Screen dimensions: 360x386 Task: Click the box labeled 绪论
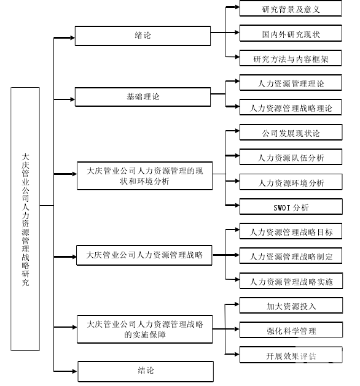coord(143,36)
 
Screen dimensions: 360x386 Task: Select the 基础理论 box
coord(143,97)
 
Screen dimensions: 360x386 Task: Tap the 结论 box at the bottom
coord(146,371)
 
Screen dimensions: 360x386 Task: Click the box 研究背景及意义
coord(291,9)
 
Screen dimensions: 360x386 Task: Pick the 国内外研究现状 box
coord(291,33)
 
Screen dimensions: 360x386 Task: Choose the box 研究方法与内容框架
coord(291,58)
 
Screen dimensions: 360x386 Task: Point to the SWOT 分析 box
coord(291,207)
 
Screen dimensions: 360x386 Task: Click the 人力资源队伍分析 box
coord(291,157)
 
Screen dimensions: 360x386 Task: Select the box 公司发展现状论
coord(291,132)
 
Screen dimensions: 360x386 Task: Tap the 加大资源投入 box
coord(291,306)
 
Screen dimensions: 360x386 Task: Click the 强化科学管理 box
coord(291,330)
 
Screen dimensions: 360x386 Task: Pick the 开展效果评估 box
coord(291,355)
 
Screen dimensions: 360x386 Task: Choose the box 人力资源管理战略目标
coord(291,231)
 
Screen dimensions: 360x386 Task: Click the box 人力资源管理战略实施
coord(291,280)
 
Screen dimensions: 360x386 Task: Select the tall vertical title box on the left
coord(25,219)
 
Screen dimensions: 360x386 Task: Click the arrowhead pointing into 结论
coord(75,371)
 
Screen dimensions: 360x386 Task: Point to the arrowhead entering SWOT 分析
coord(237,206)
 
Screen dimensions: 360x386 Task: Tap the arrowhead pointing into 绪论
coord(72,37)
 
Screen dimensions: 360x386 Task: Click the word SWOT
coord(281,208)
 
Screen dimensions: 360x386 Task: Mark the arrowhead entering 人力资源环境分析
coord(237,181)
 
